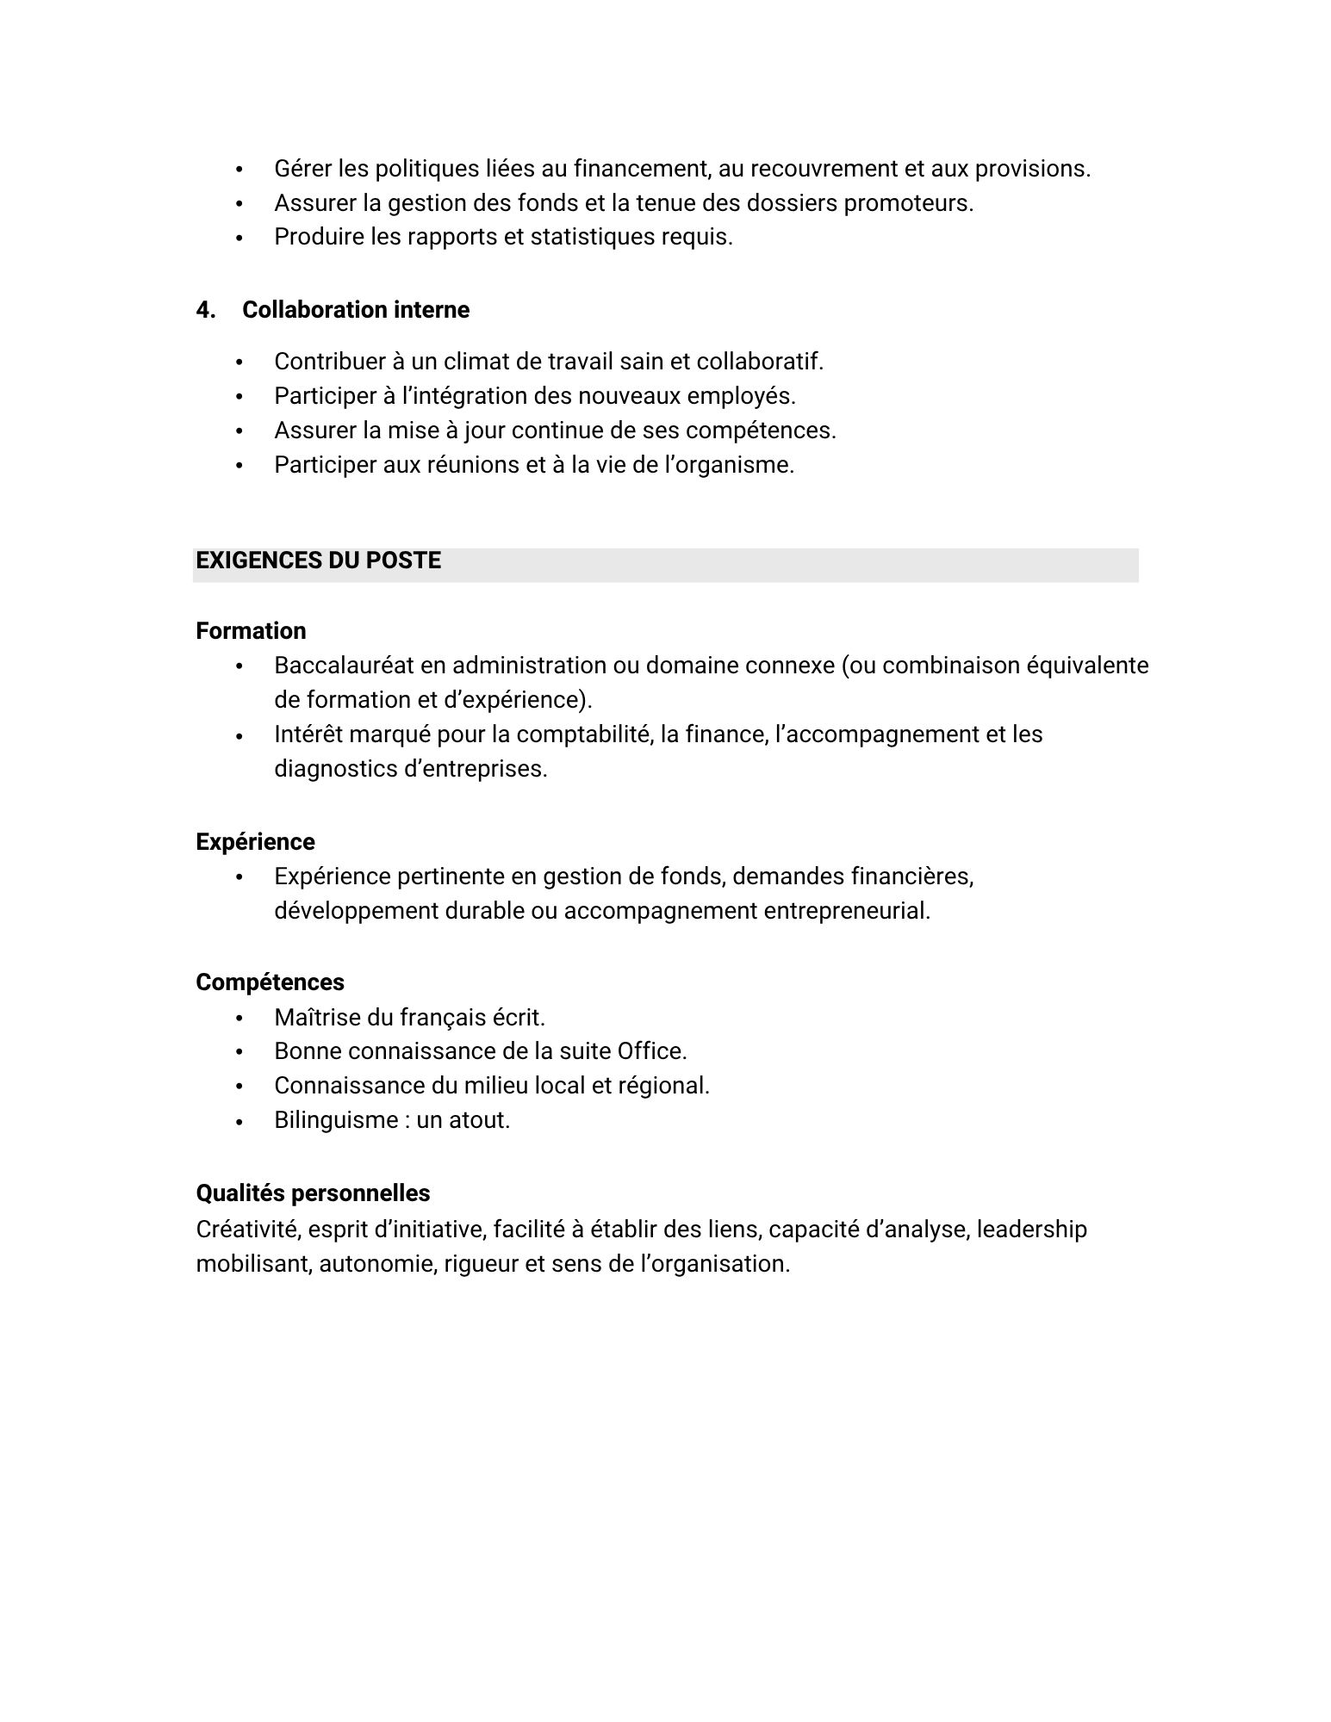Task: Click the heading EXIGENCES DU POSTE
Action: [318, 561]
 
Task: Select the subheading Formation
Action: [251, 631]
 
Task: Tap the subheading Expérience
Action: [255, 841]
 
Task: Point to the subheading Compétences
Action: [270, 982]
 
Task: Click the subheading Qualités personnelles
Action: [313, 1193]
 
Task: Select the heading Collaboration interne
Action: [356, 310]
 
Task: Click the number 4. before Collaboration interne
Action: [205, 310]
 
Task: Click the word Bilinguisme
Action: [335, 1120]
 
